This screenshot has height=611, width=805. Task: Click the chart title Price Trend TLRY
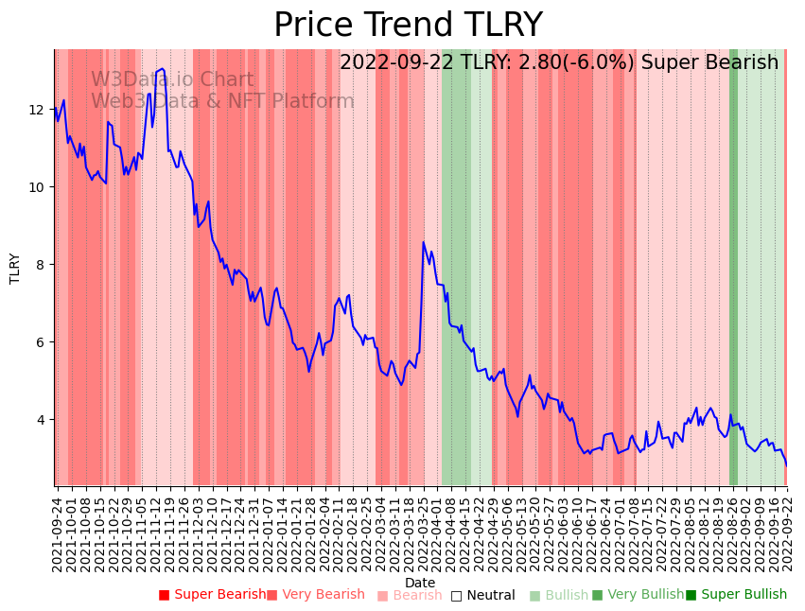408,25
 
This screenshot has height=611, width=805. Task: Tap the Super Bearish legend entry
213,595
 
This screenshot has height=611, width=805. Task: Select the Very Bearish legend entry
315,595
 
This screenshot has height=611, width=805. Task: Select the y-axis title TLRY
15,268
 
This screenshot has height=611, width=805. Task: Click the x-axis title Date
420,583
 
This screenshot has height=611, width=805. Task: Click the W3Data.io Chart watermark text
172,80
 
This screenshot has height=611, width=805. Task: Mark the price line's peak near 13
162,69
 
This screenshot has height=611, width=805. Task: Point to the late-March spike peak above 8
424,242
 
